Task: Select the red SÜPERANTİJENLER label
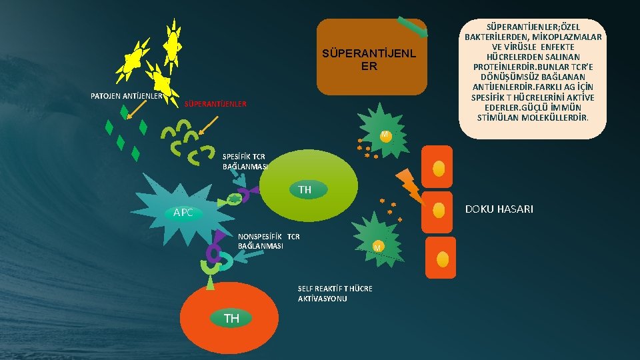pos(215,104)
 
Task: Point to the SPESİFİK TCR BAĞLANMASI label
pos(245,161)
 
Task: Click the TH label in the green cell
pos(305,189)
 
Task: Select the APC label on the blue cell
pos(183,213)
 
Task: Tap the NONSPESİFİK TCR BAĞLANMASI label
pos(269,241)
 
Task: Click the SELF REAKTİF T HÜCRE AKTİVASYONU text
pos(335,293)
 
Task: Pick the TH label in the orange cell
pos(231,319)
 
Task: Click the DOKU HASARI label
pos(498,209)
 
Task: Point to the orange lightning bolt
pos(409,185)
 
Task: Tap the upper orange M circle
pos(385,135)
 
